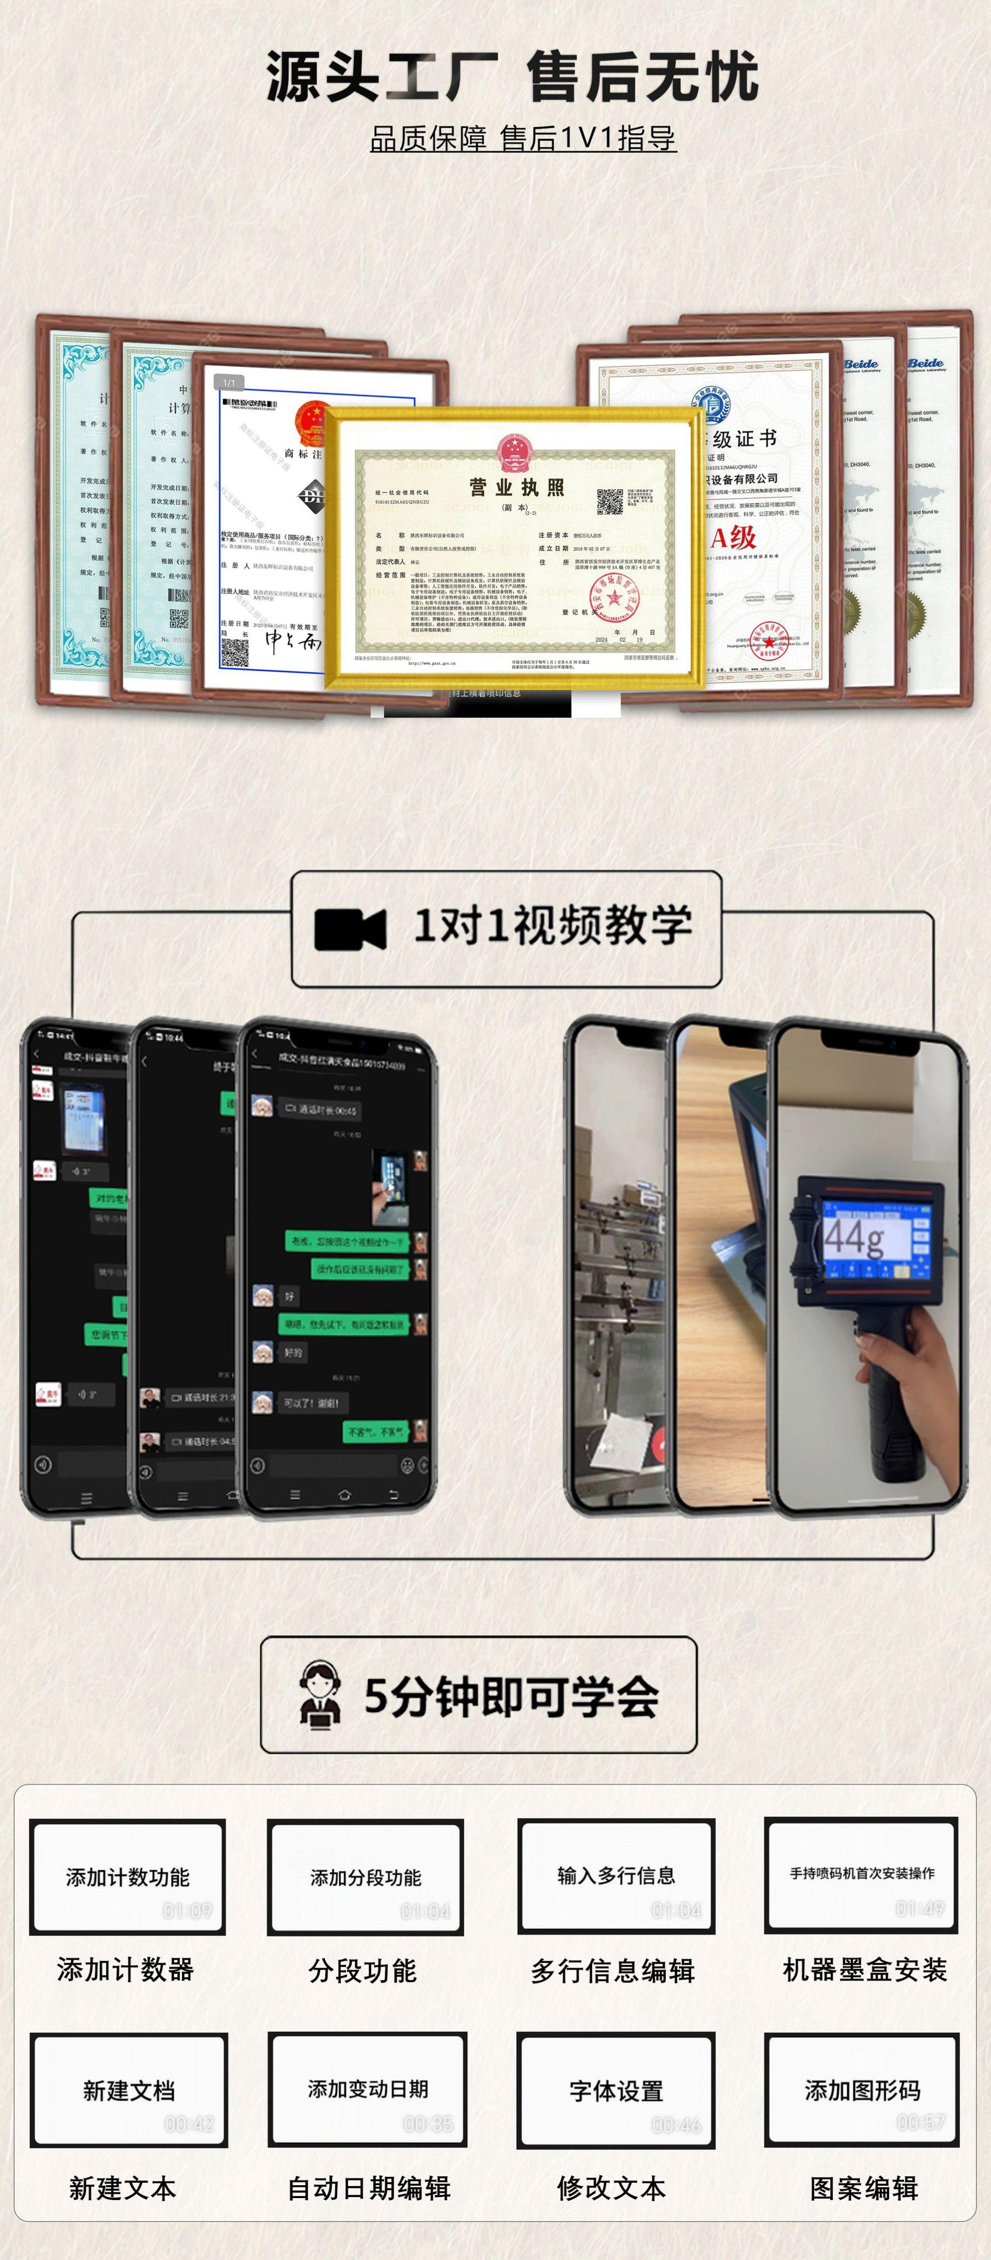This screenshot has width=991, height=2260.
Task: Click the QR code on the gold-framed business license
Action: coord(610,502)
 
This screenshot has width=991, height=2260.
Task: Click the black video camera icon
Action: coord(349,929)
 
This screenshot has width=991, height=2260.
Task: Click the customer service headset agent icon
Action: coord(320,1695)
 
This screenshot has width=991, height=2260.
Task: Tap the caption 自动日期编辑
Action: coord(369,2188)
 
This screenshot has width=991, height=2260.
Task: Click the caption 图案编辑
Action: coord(864,2188)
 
